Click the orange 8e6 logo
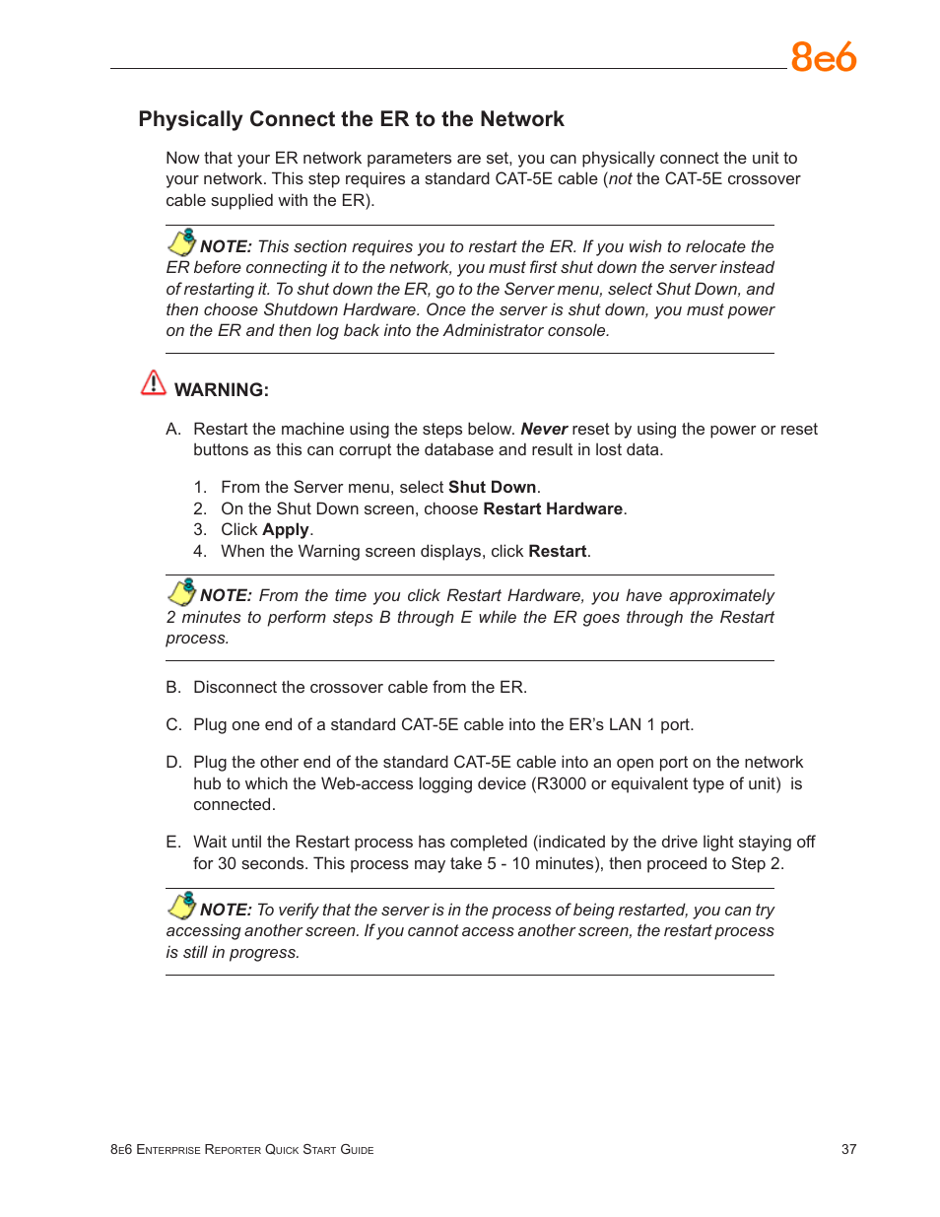coord(823,57)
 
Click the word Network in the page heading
coord(521,119)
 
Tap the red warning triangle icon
coord(154,382)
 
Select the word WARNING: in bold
coord(221,390)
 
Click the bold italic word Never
coord(543,430)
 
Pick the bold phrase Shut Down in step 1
coord(492,488)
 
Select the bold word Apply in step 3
coord(285,530)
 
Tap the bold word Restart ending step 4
coord(557,552)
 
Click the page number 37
coord(848,1149)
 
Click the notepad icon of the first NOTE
coord(182,242)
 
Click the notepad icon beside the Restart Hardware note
coord(182,591)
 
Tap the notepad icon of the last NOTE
coord(182,906)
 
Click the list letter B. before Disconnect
coord(173,688)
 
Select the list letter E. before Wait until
coord(173,843)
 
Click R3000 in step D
coord(561,784)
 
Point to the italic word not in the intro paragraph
coord(620,179)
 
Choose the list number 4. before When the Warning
coord(200,552)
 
